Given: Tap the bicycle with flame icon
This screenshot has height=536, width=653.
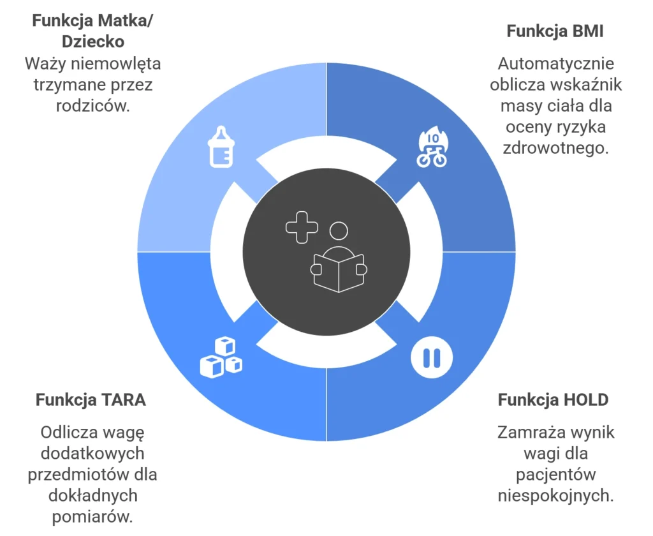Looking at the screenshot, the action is (432, 147).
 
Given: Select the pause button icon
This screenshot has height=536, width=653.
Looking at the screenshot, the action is (432, 357).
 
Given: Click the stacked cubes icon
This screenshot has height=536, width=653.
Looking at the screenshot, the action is (221, 357).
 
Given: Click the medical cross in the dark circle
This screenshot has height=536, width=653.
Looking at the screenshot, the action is (302, 228).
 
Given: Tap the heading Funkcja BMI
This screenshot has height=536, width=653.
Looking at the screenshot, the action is (555, 31).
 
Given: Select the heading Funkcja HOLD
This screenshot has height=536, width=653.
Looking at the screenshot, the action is (553, 399).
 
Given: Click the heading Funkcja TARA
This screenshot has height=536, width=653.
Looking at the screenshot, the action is (91, 399).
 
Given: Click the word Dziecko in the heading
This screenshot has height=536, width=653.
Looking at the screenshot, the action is (93, 41).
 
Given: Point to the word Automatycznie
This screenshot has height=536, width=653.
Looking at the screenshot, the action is (556, 64).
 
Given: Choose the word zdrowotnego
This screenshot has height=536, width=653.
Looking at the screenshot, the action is (556, 149).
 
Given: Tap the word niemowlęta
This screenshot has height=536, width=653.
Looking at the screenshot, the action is (116, 64).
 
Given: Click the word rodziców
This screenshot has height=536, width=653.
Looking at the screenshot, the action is (93, 106).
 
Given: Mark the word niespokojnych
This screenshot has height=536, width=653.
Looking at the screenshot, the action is (556, 496).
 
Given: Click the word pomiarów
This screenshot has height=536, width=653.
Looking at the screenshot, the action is (92, 517).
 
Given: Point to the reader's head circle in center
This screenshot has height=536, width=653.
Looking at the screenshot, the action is (339, 231).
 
